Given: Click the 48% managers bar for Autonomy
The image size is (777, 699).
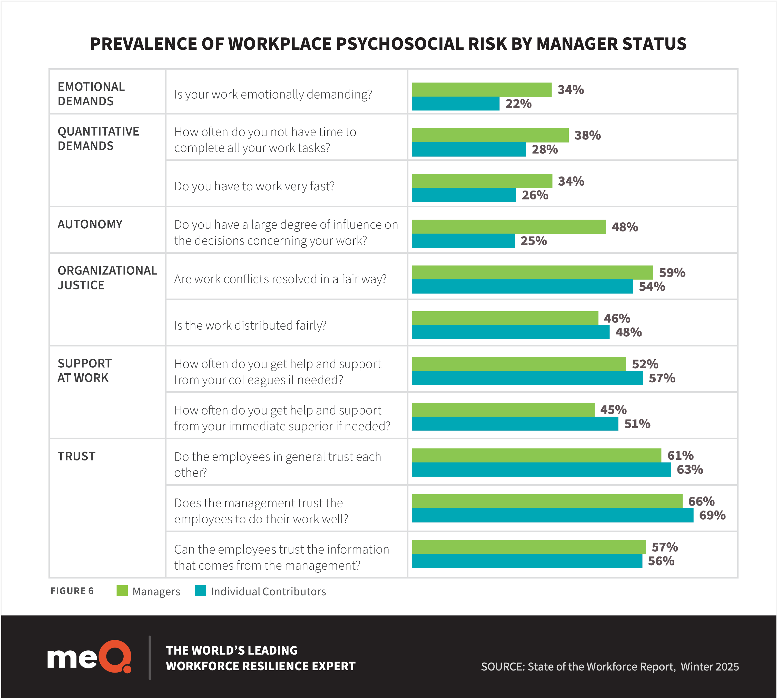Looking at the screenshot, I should click(509, 227).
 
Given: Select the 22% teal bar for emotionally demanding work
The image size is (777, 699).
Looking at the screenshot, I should click(456, 104).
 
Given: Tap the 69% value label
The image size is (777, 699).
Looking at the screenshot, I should click(712, 515).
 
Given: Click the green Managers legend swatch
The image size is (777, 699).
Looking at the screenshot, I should click(122, 591).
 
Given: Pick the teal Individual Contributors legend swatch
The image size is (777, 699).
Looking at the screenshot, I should click(200, 591).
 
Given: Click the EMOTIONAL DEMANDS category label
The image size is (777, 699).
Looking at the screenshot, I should click(91, 94).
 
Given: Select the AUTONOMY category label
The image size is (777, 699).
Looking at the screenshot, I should click(90, 224).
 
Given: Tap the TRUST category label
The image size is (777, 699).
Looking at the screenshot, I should click(76, 456).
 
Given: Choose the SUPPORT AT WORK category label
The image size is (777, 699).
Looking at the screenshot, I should click(84, 371).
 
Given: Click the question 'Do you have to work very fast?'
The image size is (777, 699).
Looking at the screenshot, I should click(254, 186).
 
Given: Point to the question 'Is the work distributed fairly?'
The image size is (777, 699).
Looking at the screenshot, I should click(250, 326).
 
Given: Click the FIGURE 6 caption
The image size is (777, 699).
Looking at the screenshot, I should click(72, 591).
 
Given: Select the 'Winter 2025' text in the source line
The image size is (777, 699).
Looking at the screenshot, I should click(710, 666).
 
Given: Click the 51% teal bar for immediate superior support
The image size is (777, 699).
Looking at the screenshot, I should click(515, 424).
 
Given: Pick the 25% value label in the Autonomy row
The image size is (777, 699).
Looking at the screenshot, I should click(533, 241).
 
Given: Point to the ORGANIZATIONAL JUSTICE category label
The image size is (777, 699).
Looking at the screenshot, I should click(107, 278).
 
